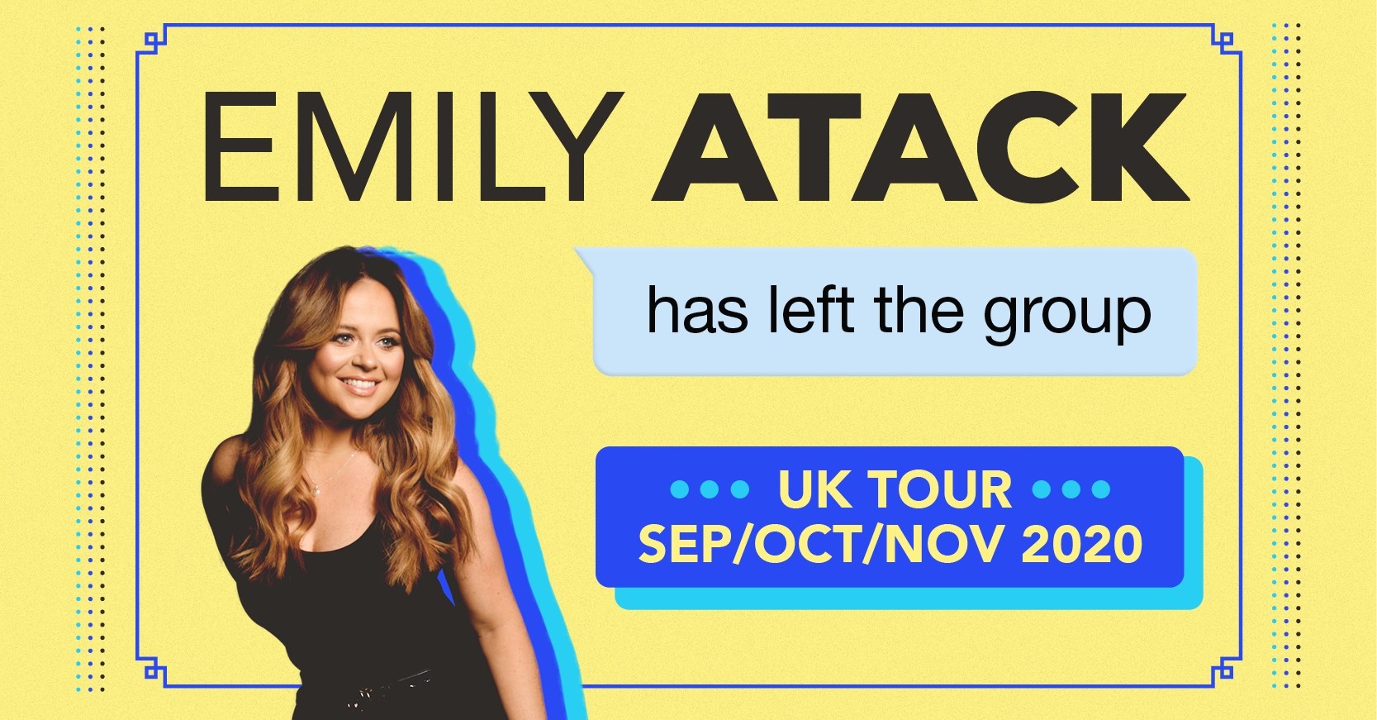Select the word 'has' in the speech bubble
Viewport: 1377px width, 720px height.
(x=697, y=312)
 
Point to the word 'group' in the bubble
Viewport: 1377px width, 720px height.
(x=1066, y=317)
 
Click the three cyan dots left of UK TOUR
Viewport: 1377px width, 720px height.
(x=710, y=490)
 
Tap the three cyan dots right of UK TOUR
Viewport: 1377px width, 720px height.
(x=1071, y=490)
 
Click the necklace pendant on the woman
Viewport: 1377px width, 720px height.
(x=316, y=490)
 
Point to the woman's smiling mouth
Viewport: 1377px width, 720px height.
(x=359, y=387)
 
